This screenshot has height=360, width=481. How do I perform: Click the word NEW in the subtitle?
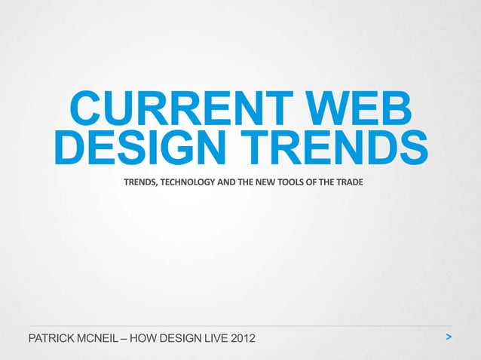pos(268,183)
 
